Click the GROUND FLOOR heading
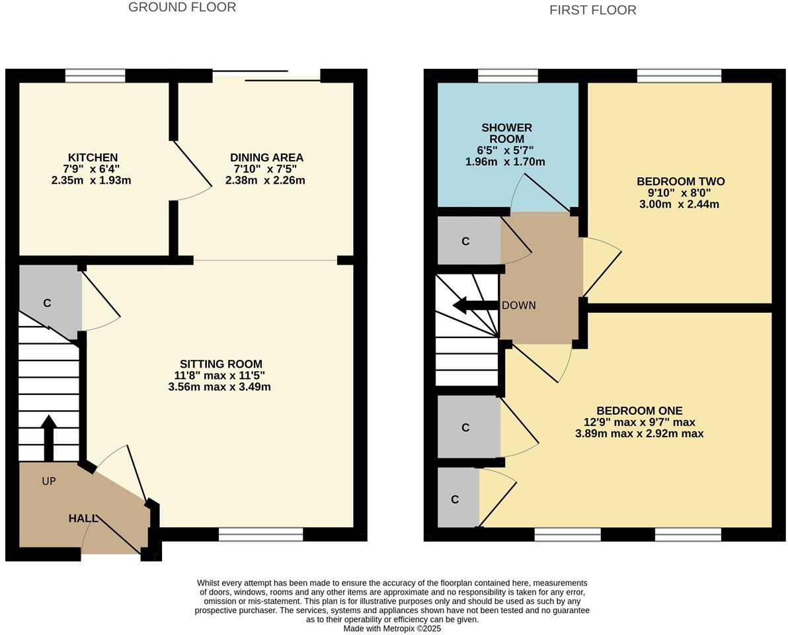coord(182,7)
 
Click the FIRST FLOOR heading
coord(592,10)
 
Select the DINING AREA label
coord(266,157)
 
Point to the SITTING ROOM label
coord(221,364)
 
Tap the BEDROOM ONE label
coord(639,410)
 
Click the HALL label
coord(83,518)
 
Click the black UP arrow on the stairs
coord(48,437)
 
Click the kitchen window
coord(95,76)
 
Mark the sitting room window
coord(260,534)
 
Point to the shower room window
coord(508,76)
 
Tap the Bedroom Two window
coord(679,76)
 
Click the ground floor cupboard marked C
coord(47,303)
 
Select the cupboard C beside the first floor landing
coord(465,241)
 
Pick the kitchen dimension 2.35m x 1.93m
coord(91,180)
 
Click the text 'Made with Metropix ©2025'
coord(392,628)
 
